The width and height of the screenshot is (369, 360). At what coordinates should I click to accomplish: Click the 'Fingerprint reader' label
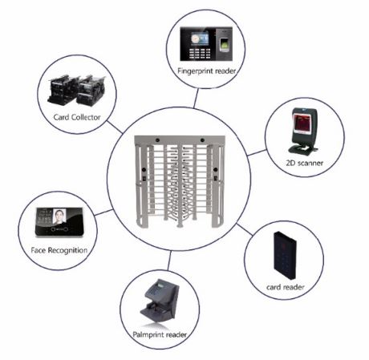tap(206, 71)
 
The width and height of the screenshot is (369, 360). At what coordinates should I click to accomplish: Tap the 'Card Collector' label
tap(77, 117)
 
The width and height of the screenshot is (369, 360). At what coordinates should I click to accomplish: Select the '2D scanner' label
tap(305, 163)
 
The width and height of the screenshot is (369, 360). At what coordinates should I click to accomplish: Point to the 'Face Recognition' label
tap(59, 250)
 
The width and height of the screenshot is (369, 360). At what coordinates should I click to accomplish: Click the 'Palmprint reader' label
tap(160, 334)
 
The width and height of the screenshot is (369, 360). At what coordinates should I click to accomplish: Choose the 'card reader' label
tap(286, 287)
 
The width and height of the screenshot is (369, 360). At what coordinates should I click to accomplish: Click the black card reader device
tap(285, 255)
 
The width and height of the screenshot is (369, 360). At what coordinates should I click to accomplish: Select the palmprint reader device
tap(160, 302)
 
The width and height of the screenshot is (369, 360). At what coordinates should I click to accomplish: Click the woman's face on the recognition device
tap(59, 216)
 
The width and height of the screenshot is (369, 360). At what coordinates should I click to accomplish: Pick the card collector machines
tap(76, 91)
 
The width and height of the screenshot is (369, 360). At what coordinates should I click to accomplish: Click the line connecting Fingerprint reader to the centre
tap(196, 99)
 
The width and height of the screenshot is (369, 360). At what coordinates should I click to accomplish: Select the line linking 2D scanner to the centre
tap(257, 152)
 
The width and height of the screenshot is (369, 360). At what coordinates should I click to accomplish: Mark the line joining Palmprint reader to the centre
tap(169, 261)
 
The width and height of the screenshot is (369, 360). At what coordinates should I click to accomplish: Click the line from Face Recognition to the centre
tap(103, 212)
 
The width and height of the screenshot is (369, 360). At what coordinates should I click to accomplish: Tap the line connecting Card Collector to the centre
tap(115, 127)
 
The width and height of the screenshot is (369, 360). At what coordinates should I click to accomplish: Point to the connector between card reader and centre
tap(245, 229)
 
